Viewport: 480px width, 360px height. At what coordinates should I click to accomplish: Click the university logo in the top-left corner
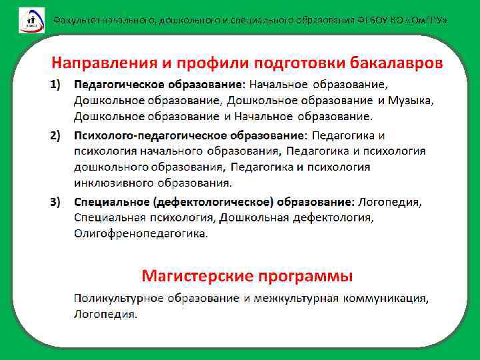[x=31, y=19]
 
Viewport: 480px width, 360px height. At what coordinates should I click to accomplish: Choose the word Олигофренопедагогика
[x=141, y=233]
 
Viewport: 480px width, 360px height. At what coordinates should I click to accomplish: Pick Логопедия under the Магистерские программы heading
[x=105, y=313]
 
